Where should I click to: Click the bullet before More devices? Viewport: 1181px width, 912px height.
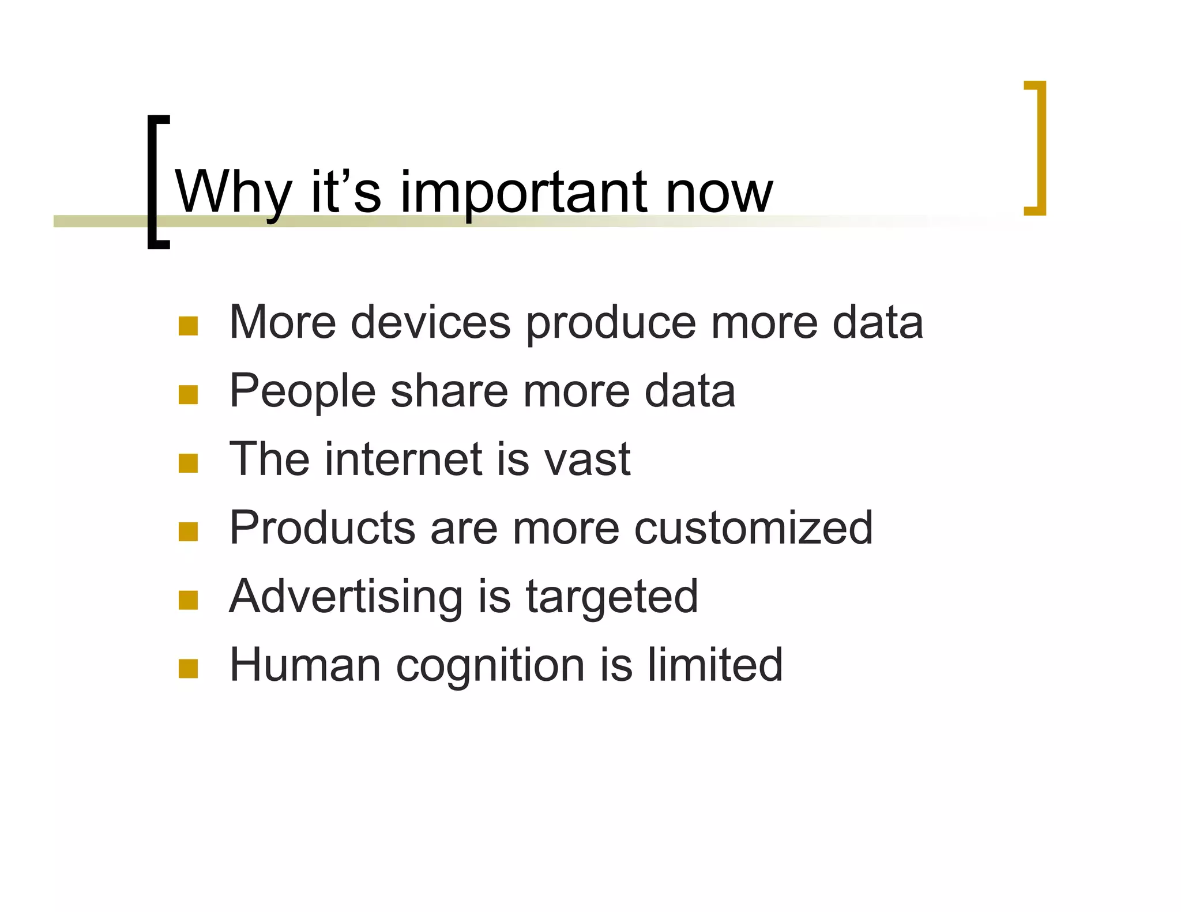pyautogui.click(x=188, y=326)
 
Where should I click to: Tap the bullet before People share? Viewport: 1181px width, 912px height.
pyautogui.click(x=188, y=395)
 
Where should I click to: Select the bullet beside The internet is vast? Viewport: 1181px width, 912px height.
pyautogui.click(x=188, y=463)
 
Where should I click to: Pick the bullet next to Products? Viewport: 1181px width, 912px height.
pyautogui.click(x=188, y=532)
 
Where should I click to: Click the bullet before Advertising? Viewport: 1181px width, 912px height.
pyautogui.click(x=188, y=600)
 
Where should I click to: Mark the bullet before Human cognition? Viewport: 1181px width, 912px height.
pyautogui.click(x=188, y=669)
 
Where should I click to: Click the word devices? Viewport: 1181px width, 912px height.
pyautogui.click(x=430, y=322)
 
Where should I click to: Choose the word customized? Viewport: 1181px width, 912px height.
pyautogui.click(x=753, y=528)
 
